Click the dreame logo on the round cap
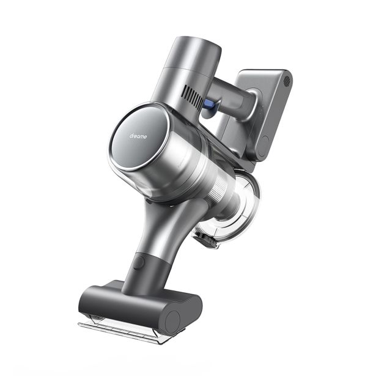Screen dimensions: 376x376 tap(138, 136)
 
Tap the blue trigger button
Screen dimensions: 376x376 tap(209, 103)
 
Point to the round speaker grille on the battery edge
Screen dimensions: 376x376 tap(287, 81)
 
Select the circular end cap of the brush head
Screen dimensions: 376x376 tap(172, 319)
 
